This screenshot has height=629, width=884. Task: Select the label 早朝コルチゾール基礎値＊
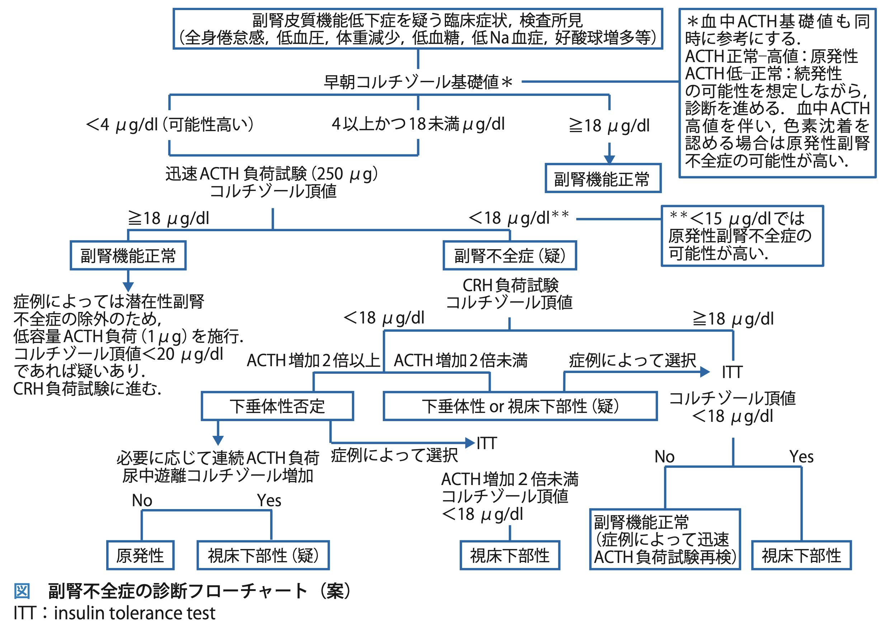point(418,82)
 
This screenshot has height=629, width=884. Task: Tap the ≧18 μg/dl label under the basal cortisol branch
point(609,126)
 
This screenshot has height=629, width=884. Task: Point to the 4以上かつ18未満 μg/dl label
point(418,124)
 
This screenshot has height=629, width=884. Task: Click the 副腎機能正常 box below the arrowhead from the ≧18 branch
point(603,179)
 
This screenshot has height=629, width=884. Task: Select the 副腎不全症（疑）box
point(509,256)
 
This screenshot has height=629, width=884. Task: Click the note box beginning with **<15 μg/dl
point(742,236)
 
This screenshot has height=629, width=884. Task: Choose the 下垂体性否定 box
point(277,406)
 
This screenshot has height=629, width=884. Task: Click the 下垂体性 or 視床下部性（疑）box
point(520,406)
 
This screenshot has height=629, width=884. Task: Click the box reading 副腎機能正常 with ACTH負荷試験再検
point(664,540)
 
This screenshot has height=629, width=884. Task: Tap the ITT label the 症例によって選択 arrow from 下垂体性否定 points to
point(486,443)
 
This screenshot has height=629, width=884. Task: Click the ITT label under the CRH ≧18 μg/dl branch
point(732,372)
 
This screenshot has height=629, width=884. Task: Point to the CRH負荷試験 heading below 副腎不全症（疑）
point(510,285)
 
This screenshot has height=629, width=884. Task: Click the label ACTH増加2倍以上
point(313,360)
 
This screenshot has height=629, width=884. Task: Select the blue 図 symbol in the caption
point(22,591)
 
